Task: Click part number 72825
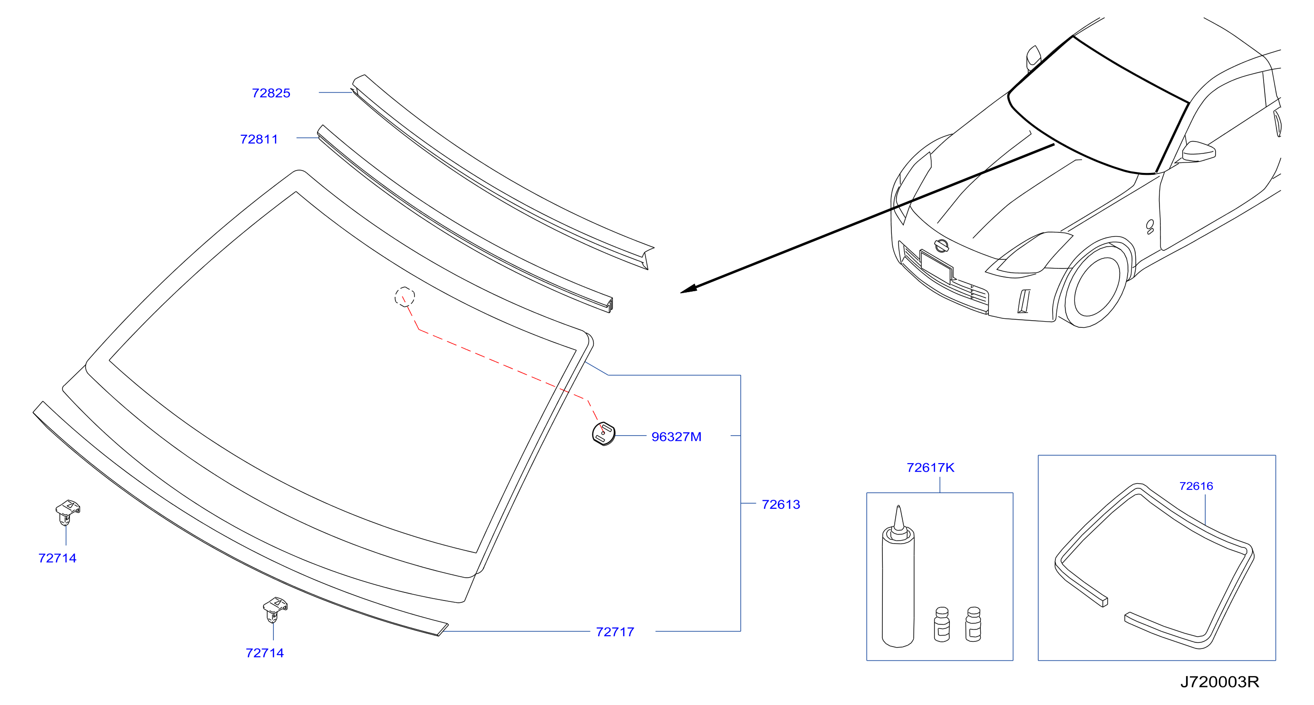[271, 93]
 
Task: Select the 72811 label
[259, 139]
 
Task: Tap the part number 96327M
[676, 437]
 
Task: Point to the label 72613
[781, 505]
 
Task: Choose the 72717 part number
[615, 632]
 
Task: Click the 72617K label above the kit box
[930, 467]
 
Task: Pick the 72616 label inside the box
[1196, 486]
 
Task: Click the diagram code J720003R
[1219, 682]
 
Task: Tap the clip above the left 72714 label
[68, 512]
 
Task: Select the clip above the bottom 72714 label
[275, 610]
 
